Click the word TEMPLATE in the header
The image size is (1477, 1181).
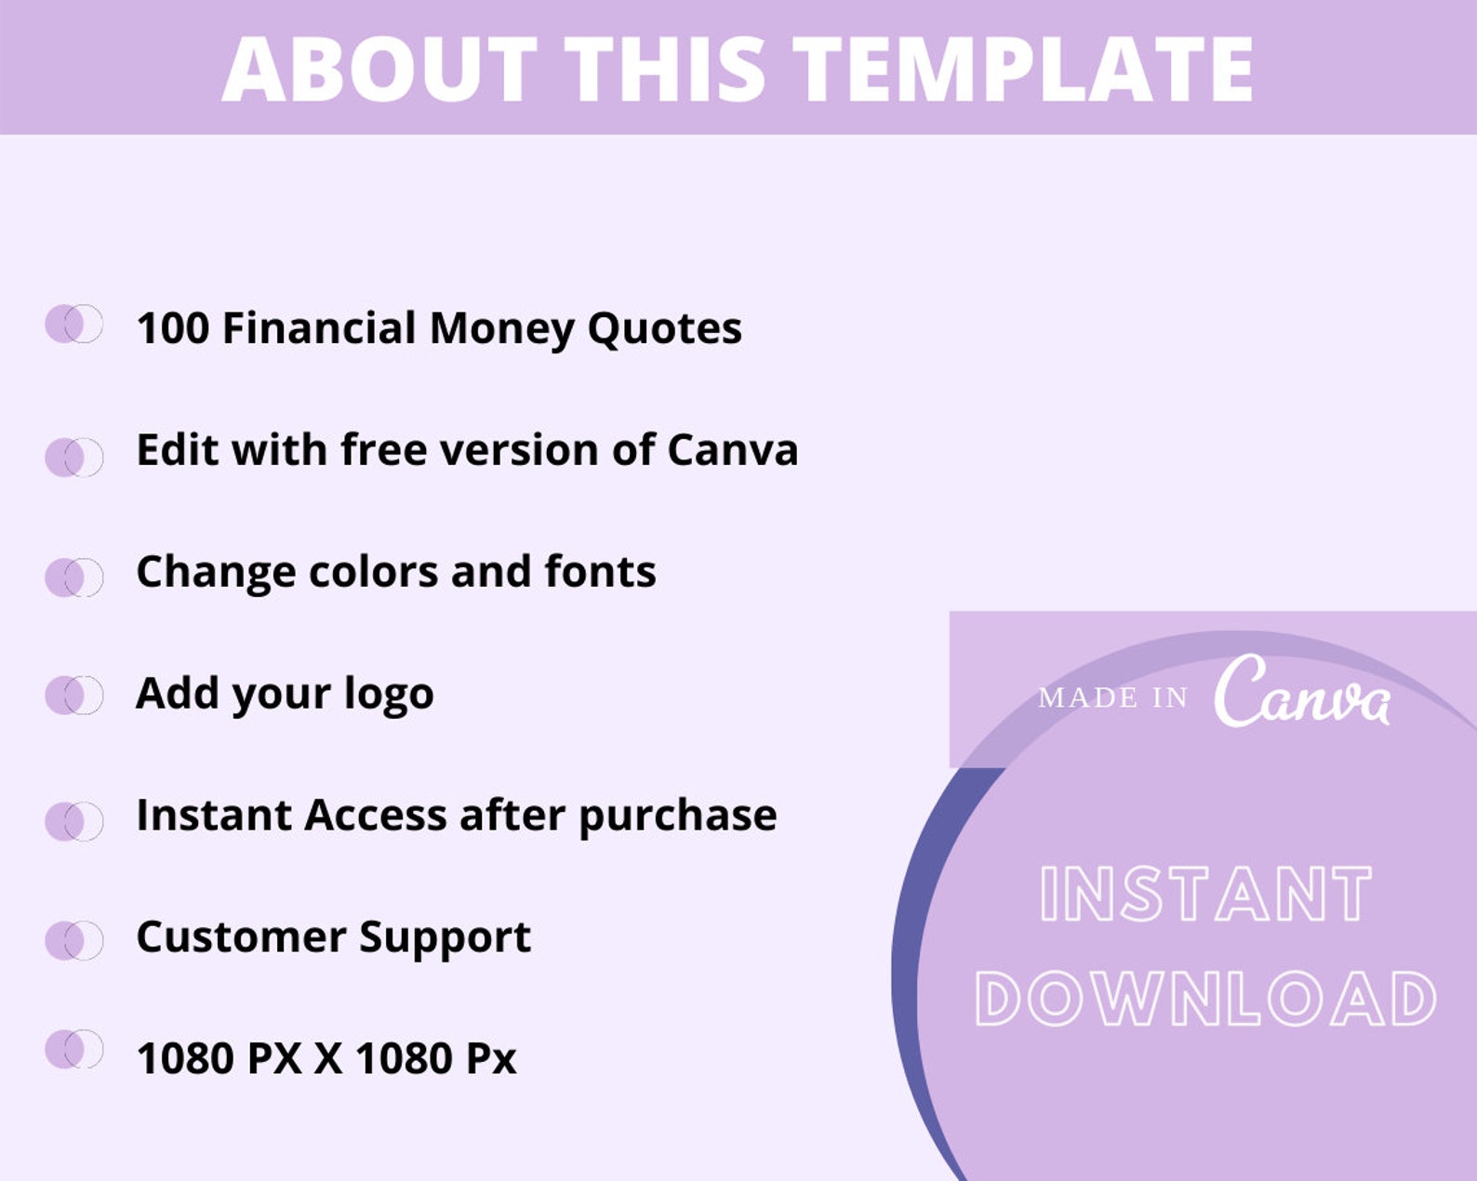(x=1023, y=69)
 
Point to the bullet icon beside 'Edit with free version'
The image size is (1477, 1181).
(x=73, y=457)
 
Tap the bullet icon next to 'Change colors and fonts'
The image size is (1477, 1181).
(x=73, y=577)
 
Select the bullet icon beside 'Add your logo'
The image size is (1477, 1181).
(x=73, y=695)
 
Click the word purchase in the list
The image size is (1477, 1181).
(x=677, y=816)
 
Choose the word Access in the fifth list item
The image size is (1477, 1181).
(x=376, y=816)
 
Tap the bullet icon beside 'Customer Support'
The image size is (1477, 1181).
(x=73, y=940)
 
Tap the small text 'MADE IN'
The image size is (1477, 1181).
(x=1112, y=697)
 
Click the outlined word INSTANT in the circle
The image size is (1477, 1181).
(x=1205, y=895)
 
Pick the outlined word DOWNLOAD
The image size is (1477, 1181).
(x=1205, y=999)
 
